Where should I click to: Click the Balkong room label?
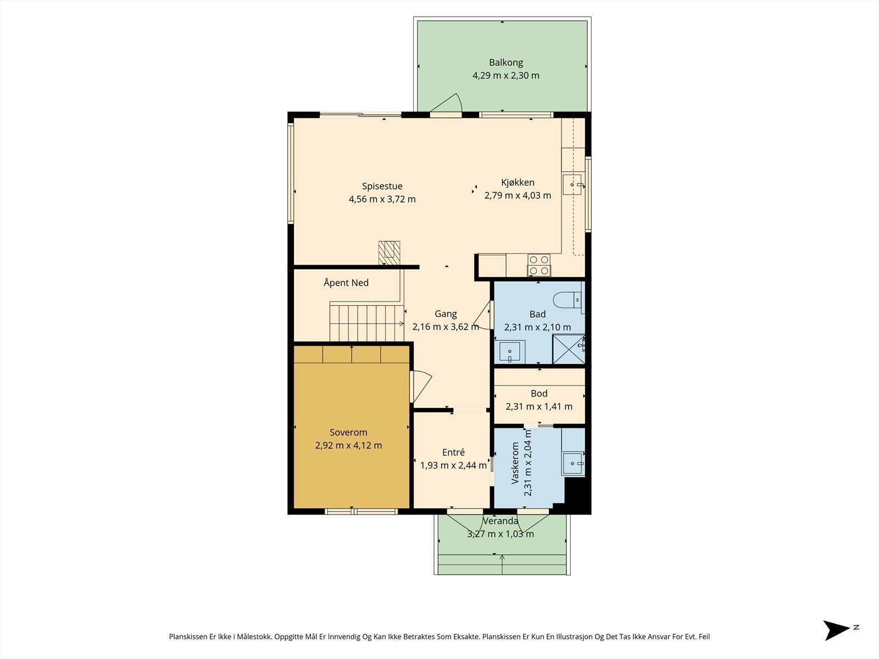(x=506, y=63)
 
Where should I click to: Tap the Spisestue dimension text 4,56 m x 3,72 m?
(x=382, y=199)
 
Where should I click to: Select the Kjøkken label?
(x=518, y=182)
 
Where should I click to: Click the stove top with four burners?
(x=538, y=265)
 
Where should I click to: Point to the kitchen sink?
(x=572, y=185)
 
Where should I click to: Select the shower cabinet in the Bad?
(x=569, y=349)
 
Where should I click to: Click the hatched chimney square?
(x=390, y=252)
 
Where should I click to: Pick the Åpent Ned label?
(x=346, y=282)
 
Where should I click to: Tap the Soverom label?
(x=348, y=432)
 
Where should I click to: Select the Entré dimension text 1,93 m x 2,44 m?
(x=453, y=465)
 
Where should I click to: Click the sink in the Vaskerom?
(x=574, y=463)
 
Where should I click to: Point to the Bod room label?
(x=539, y=393)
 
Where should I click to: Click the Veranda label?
(x=500, y=521)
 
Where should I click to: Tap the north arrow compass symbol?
(x=836, y=630)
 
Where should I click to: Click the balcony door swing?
(x=447, y=103)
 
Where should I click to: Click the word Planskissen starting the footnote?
(x=188, y=636)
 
